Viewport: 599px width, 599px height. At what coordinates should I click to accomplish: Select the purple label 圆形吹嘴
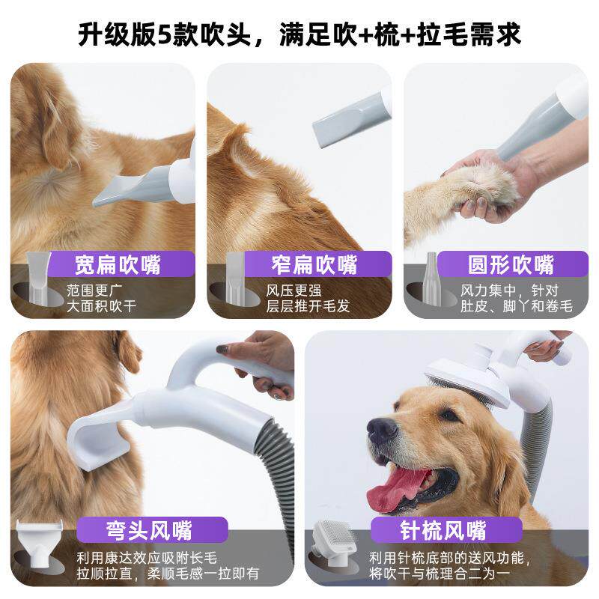point(512,264)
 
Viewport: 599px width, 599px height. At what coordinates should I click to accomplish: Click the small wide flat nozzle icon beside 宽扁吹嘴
point(38,277)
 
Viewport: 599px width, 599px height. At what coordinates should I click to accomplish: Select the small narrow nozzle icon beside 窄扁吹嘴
point(235,278)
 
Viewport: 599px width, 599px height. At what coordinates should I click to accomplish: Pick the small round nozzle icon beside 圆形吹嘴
point(431,278)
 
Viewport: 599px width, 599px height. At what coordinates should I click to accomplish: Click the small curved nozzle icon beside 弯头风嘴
point(39,544)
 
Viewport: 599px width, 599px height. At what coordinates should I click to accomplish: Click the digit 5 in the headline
point(165,35)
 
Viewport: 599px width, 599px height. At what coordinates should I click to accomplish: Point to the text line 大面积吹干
point(102,307)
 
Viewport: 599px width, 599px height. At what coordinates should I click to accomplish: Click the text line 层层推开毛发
point(308,307)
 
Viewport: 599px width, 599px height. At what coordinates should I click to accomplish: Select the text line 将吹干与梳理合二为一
point(440,574)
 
